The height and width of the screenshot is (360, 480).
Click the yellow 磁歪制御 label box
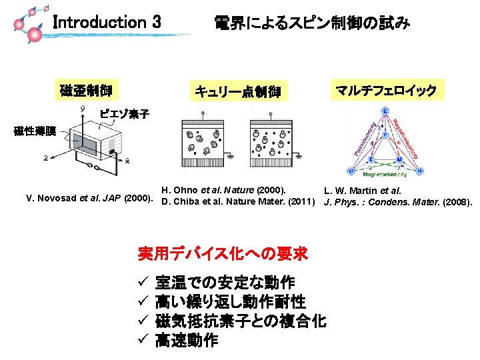(x=86, y=90)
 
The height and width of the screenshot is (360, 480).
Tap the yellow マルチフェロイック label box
(x=386, y=90)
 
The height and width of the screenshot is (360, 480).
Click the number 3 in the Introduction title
(x=156, y=22)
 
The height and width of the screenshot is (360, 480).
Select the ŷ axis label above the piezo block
(x=82, y=107)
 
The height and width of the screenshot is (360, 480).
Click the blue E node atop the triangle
(x=386, y=111)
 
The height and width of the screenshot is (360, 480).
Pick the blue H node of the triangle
(x=419, y=170)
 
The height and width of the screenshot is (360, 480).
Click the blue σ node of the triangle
(x=351, y=169)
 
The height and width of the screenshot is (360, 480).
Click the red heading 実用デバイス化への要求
(x=223, y=253)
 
